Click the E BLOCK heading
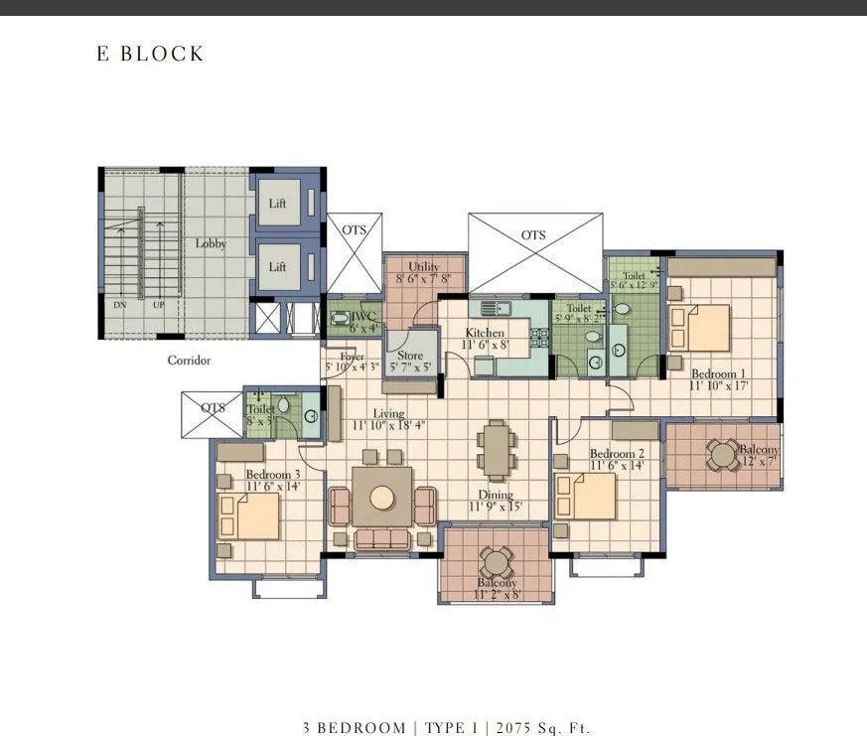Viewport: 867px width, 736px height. coord(150,54)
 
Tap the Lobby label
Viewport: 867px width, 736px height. coord(211,243)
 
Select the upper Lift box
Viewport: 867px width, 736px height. coord(278,204)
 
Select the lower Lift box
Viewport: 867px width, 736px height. coord(278,266)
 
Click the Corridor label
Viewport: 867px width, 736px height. coord(189,361)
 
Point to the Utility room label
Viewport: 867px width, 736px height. coord(424,267)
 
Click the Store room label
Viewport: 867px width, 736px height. coord(410,356)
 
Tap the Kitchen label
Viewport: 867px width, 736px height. coord(486,333)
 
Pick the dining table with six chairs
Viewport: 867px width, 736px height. coord(495,450)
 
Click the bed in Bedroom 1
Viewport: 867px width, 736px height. coord(701,329)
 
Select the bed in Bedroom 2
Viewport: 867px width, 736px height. coord(586,497)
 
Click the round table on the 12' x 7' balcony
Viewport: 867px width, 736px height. coord(721,454)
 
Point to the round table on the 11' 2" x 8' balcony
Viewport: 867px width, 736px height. coord(495,562)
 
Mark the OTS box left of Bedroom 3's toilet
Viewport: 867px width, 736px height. coord(212,414)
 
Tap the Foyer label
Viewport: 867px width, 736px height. coord(352,356)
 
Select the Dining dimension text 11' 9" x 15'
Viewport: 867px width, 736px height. coord(496,508)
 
